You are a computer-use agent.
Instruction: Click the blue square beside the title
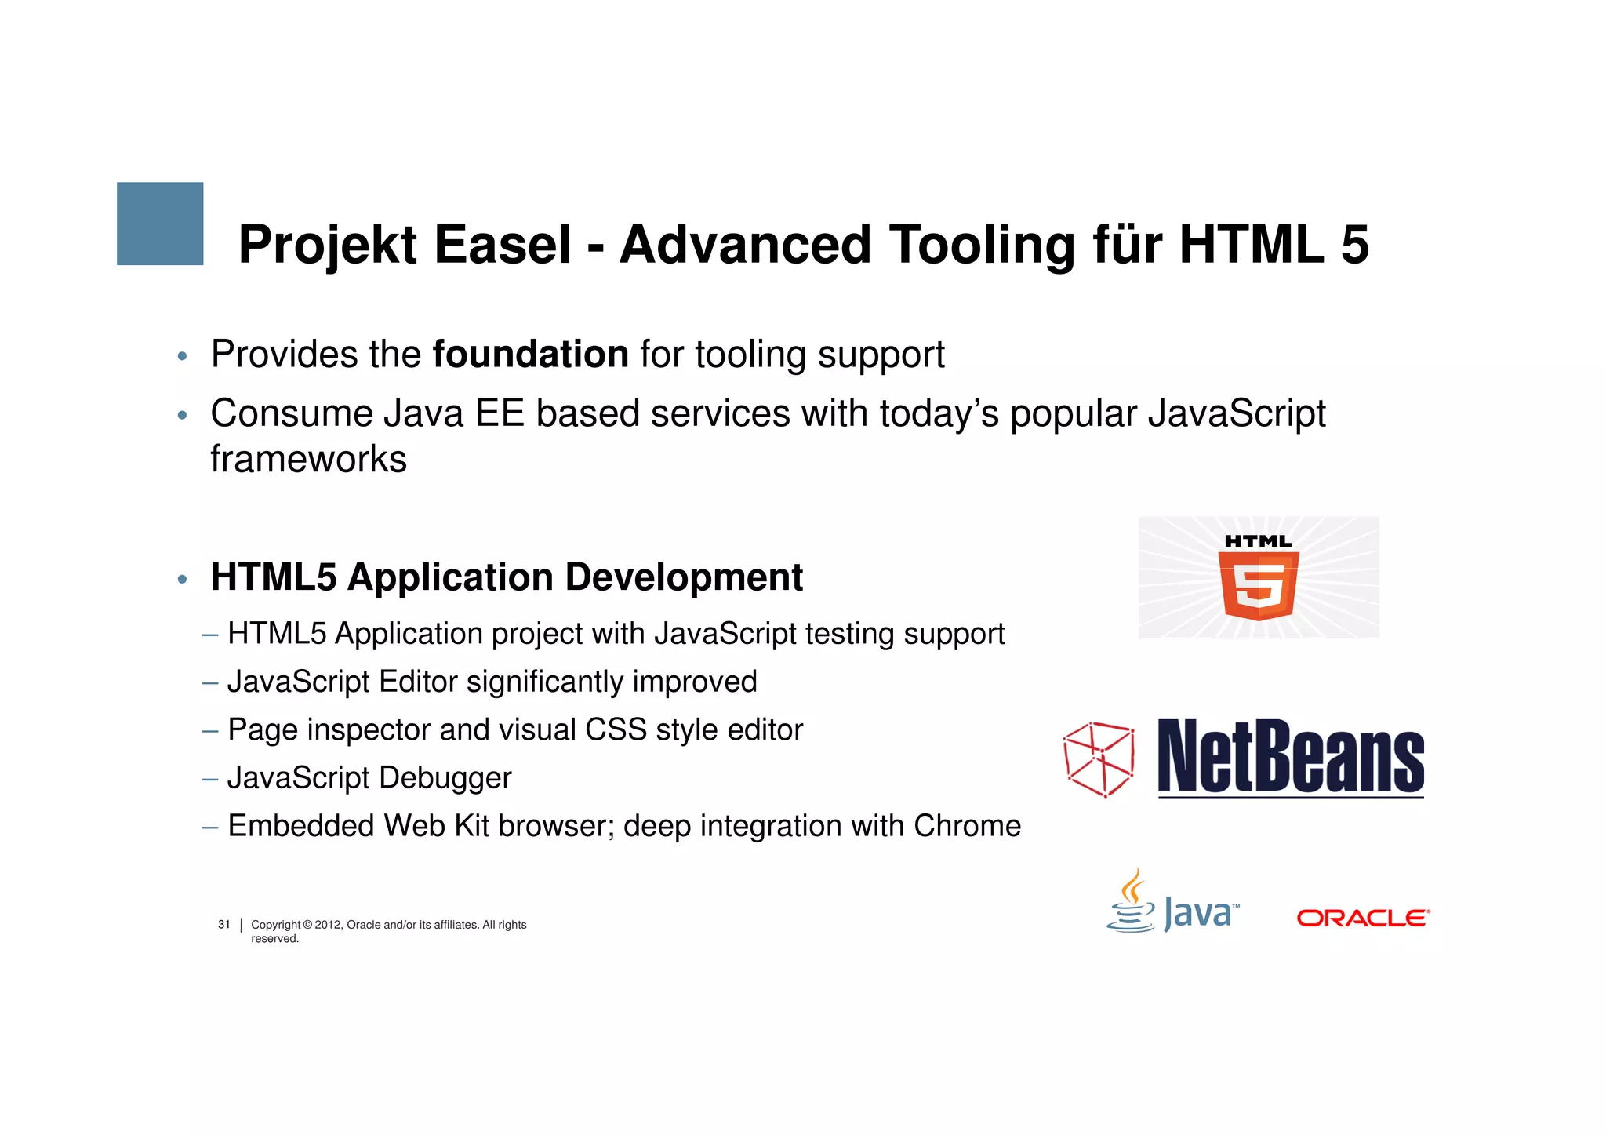(x=160, y=224)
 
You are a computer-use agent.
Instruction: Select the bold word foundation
(x=530, y=355)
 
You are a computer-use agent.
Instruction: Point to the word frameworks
(x=308, y=459)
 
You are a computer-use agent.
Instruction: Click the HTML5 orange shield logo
(x=1258, y=584)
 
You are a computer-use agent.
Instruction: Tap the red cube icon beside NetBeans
(x=1099, y=759)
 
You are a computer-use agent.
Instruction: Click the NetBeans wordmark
(x=1290, y=757)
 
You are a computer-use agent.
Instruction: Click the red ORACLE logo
(x=1363, y=918)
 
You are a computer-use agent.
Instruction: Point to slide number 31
(x=224, y=925)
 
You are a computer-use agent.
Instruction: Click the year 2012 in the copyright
(x=328, y=925)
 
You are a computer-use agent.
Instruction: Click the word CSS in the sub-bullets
(x=616, y=730)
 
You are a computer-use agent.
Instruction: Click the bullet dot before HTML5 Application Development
(x=182, y=580)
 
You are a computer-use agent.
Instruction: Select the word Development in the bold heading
(x=684, y=578)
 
